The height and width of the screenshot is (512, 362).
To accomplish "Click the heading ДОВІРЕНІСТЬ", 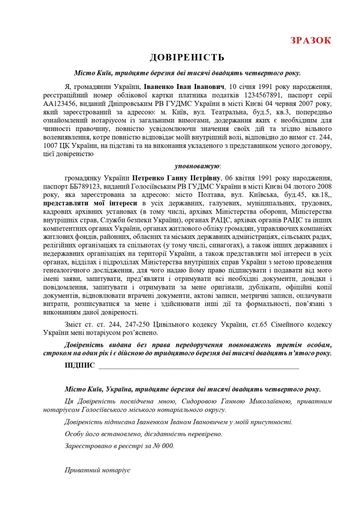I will pyautogui.click(x=181, y=58).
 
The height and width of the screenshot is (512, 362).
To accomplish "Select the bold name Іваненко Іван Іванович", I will pyautogui.click(x=184, y=86).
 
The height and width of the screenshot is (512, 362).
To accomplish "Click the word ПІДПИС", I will pyautogui.click(x=79, y=365).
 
